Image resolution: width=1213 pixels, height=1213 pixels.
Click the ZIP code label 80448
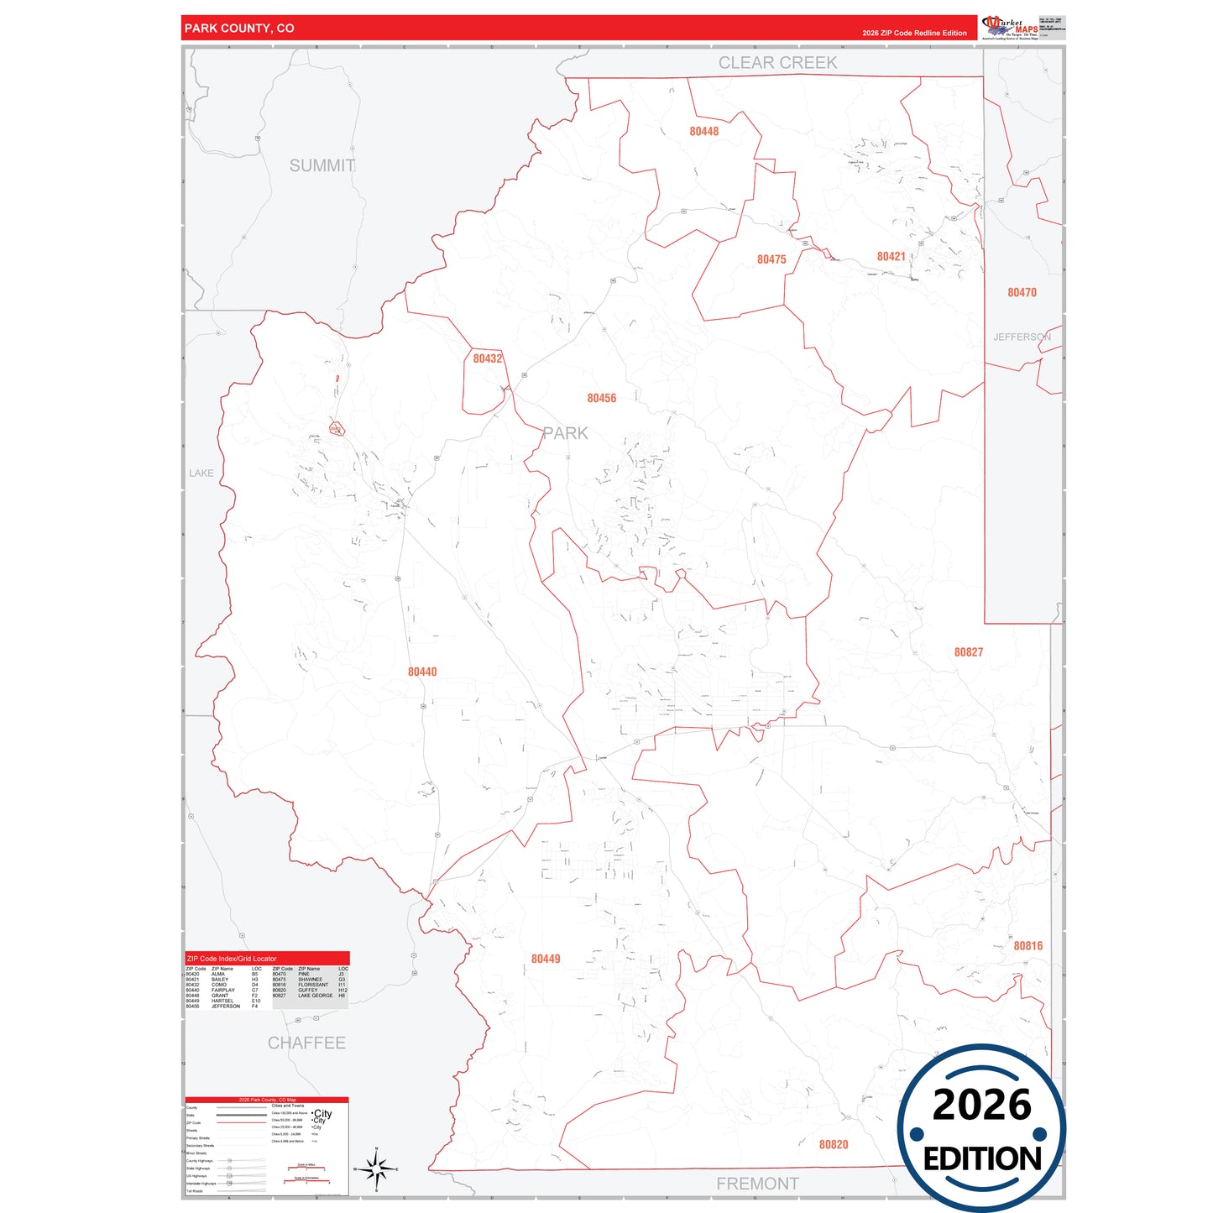click(x=703, y=132)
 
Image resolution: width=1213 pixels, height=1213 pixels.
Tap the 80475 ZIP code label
click(x=771, y=260)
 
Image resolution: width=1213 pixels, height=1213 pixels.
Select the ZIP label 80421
click(x=891, y=257)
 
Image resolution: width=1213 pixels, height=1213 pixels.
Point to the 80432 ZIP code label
click(x=487, y=359)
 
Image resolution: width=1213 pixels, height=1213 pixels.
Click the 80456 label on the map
click(x=601, y=399)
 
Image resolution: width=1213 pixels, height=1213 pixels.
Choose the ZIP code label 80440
click(x=422, y=672)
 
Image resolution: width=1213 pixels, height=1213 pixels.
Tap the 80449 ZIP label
click(x=546, y=959)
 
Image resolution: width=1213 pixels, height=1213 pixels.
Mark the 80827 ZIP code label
click(x=968, y=652)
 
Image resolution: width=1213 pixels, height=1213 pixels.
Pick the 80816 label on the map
click(x=1027, y=946)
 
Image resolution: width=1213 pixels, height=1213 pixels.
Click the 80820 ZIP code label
click(x=834, y=1145)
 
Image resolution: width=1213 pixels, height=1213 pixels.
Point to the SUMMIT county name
click(x=322, y=166)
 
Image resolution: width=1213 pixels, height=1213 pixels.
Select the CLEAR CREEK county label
click(x=777, y=63)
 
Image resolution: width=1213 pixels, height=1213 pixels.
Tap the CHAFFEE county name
click(x=306, y=1043)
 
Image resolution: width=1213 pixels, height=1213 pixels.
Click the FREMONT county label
click(x=757, y=1184)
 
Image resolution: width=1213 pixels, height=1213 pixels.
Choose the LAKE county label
click(x=201, y=473)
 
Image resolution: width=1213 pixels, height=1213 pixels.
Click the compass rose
click(x=376, y=1169)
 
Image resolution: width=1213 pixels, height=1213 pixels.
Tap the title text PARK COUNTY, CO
click(x=239, y=29)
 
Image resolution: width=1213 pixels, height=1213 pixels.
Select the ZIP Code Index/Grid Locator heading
click(x=232, y=959)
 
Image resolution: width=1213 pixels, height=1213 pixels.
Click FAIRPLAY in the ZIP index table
click(x=223, y=991)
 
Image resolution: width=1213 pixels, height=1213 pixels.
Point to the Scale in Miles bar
click(x=306, y=1167)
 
